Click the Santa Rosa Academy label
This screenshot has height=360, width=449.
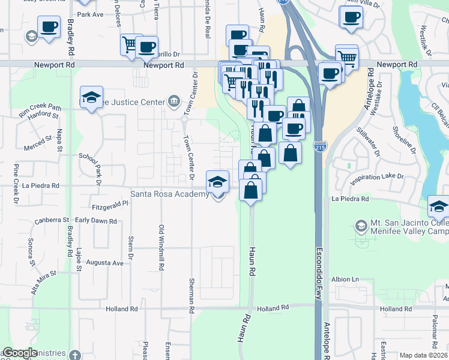coord(170,194)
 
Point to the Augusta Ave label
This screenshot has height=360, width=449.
coord(105,263)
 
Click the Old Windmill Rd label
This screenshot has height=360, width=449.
coord(161,246)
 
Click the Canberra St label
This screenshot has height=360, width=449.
coord(56,220)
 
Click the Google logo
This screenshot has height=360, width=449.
coord(20,353)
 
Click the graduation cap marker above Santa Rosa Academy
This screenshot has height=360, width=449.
coord(217,181)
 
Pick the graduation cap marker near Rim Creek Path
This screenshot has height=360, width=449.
coord(91,97)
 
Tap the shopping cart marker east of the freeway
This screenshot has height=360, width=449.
coord(346,58)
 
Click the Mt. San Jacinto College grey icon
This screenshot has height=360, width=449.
coord(361,226)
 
